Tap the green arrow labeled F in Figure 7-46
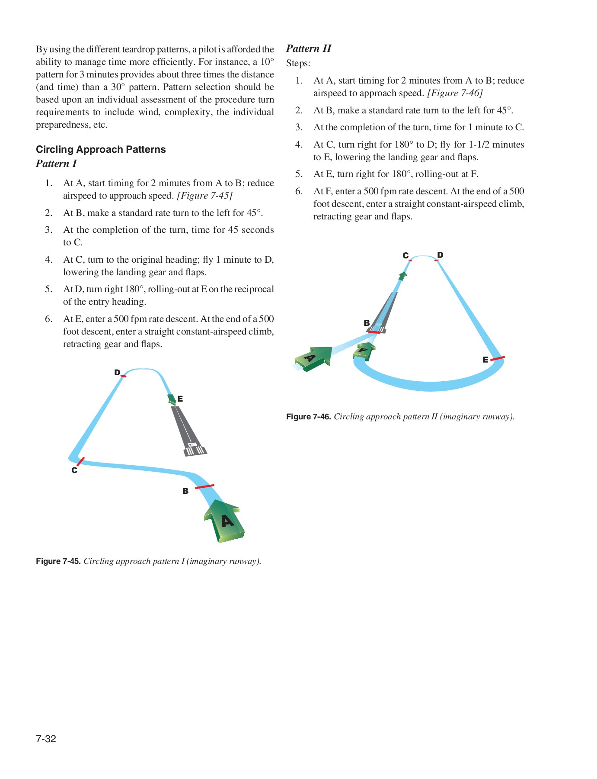pyautogui.click(x=364, y=351)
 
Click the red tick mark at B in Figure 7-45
pyautogui.click(x=204, y=486)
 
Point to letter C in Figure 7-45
pyautogui.click(x=74, y=470)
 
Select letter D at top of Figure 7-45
pyautogui.click(x=117, y=373)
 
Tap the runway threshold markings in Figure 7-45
pyautogui.click(x=195, y=451)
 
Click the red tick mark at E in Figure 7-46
pyautogui.click(x=498, y=358)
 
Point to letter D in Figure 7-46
pyautogui.click(x=440, y=255)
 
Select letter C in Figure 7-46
pyautogui.click(x=405, y=256)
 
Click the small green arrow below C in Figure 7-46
pyautogui.click(x=402, y=276)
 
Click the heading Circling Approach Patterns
pyautogui.click(x=101, y=149)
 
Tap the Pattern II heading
pyautogui.click(x=309, y=48)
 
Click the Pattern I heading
pyautogui.click(x=56, y=164)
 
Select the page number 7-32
pyautogui.click(x=46, y=739)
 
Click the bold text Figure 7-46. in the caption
pyautogui.click(x=308, y=417)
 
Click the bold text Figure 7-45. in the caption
pyautogui.click(x=58, y=561)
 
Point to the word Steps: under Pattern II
pyautogui.click(x=298, y=63)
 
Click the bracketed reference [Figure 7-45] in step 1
pyautogui.click(x=205, y=196)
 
